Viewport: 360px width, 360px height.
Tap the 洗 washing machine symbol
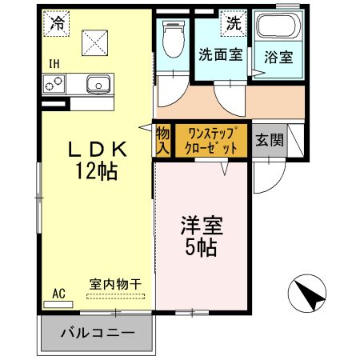tap(234, 22)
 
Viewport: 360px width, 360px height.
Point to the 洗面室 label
tap(220, 55)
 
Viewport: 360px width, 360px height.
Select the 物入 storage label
tap(162, 142)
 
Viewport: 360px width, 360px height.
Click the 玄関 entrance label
tap(269, 142)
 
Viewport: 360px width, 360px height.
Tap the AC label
tap(58, 294)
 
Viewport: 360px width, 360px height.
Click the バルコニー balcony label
tap(95, 334)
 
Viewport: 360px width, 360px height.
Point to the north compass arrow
tap(308, 295)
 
